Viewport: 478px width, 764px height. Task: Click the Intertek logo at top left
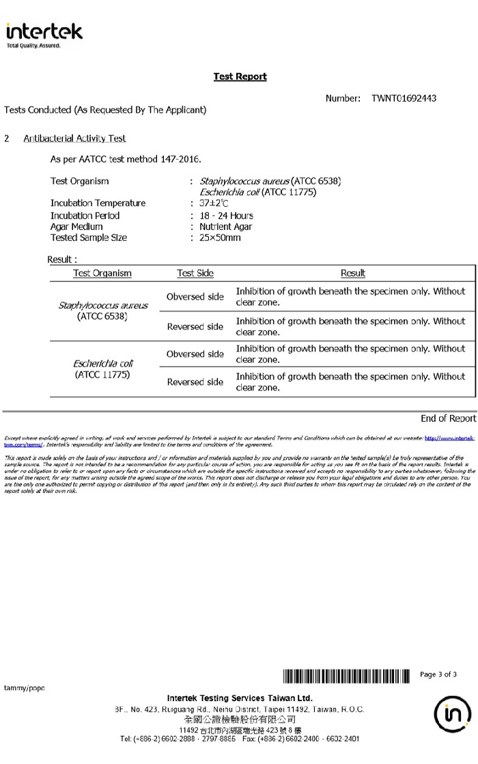[x=44, y=34]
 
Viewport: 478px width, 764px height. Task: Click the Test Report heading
[x=240, y=76]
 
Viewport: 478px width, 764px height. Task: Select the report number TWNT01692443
[x=404, y=98]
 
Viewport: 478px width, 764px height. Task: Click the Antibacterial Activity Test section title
[x=74, y=139]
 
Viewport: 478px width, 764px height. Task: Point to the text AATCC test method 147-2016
[x=126, y=159]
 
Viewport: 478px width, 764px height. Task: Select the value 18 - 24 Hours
[x=226, y=216]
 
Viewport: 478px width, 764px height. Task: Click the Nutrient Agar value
[x=225, y=227]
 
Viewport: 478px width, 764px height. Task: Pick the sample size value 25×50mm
[x=220, y=238]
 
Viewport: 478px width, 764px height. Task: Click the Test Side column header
[x=195, y=273]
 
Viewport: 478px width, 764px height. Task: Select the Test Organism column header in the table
[x=102, y=273]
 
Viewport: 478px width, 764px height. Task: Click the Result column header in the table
[x=352, y=273]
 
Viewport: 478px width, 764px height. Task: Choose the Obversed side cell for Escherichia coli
[x=195, y=354]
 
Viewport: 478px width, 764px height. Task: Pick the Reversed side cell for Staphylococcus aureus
[x=195, y=327]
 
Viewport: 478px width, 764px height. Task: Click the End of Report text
[x=448, y=419]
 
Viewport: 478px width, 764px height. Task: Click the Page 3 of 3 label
[x=438, y=675]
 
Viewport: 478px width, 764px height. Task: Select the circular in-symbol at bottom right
[x=452, y=715]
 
